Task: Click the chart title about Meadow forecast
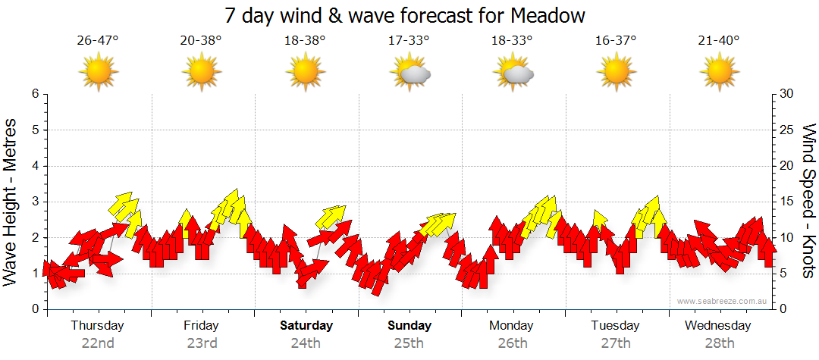406,16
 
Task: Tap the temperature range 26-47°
98,41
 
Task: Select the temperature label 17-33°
409,41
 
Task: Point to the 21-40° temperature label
719,41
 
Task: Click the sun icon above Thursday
99,73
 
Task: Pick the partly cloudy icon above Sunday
409,73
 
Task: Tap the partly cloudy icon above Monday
513,73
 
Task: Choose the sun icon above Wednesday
719,73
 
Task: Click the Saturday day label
306,326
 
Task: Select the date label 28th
719,343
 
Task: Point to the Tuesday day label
615,326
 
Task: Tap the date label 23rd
202,343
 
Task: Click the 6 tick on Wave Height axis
35,94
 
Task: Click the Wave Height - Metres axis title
11,202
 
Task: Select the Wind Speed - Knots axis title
808,202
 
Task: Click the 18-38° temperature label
305,41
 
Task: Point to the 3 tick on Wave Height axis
35,202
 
